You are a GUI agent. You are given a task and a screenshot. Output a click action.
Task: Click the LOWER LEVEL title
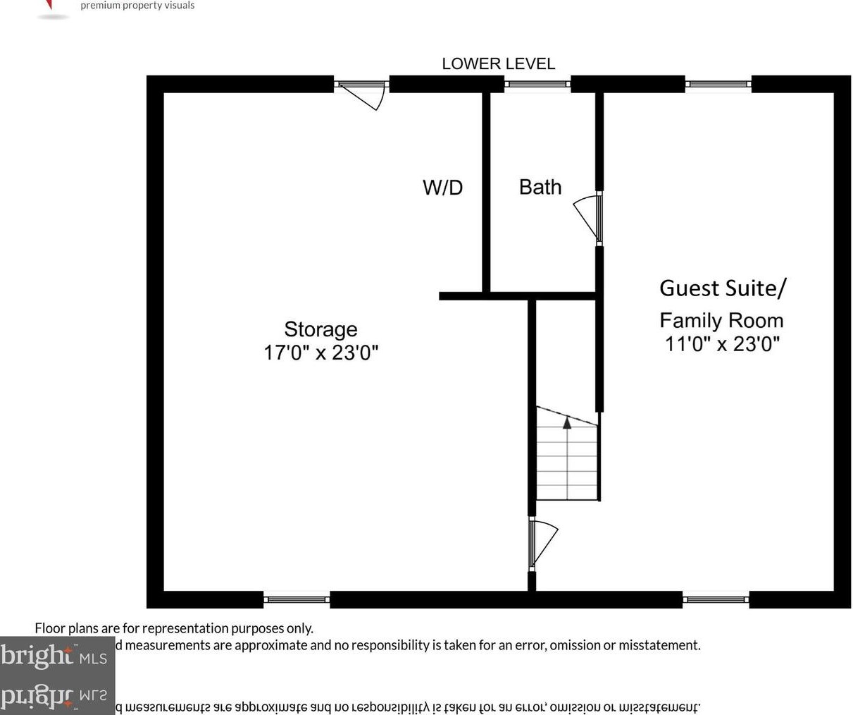click(x=498, y=63)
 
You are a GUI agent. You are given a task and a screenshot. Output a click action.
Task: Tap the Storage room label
click(x=320, y=329)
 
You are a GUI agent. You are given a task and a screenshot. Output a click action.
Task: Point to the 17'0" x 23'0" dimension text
click(x=320, y=353)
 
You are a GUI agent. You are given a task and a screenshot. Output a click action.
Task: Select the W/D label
click(x=442, y=188)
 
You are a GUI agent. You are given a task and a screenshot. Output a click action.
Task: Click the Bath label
click(x=540, y=187)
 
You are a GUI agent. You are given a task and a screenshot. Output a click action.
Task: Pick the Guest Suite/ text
click(x=723, y=288)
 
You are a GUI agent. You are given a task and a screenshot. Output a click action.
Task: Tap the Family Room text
click(x=721, y=321)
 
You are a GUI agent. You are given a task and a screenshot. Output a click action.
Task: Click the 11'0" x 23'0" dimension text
click(x=722, y=344)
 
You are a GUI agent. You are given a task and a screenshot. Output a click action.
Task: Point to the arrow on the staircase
click(x=567, y=422)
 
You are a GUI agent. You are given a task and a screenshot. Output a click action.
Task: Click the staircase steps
click(x=567, y=462)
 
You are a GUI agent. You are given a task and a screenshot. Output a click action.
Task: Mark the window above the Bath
click(x=537, y=85)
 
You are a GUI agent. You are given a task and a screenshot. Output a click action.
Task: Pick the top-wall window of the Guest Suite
click(x=718, y=85)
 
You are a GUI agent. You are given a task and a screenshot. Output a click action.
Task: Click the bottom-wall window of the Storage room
click(x=297, y=599)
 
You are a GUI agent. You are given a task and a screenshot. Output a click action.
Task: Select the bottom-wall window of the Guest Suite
click(x=716, y=600)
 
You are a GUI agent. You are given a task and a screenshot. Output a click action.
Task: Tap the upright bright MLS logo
click(x=54, y=656)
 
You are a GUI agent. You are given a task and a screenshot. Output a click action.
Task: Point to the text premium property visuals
click(x=137, y=6)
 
